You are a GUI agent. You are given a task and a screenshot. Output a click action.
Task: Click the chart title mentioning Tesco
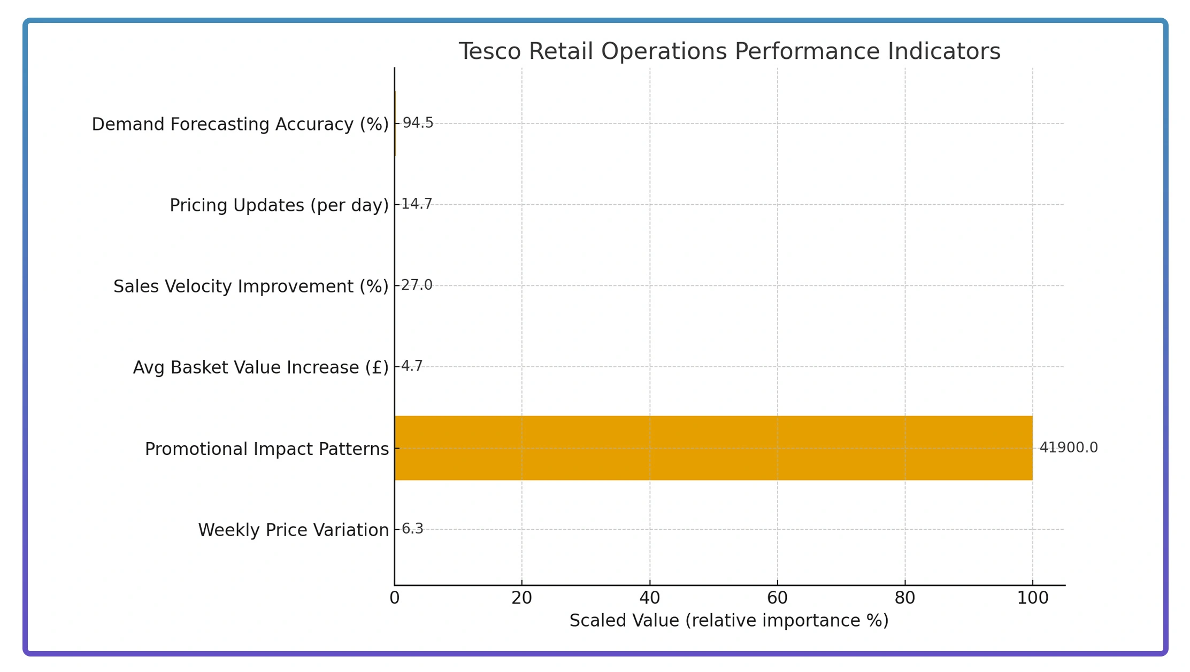[729, 51]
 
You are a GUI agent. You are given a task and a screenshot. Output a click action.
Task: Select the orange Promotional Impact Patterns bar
[713, 448]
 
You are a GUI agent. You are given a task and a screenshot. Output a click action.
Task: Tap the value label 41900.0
[1068, 448]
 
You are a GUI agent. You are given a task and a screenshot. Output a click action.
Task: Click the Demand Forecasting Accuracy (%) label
[240, 124]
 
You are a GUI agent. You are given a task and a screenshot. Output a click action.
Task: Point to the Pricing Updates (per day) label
[279, 205]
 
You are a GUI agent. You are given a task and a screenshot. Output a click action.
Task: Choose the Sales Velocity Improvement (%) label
[251, 287]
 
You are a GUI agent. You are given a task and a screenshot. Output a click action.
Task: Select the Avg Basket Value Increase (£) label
[260, 368]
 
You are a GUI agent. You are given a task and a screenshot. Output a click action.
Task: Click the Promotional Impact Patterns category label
[266, 449]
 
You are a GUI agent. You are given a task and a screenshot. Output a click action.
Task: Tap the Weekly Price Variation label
[293, 530]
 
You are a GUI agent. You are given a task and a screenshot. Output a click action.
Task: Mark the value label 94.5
[418, 123]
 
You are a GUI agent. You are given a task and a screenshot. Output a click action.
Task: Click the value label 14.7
[417, 204]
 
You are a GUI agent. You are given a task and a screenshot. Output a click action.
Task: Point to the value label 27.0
[417, 285]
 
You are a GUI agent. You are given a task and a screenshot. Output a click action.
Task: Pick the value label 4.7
[412, 367]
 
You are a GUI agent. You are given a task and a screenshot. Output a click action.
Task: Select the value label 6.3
[412, 529]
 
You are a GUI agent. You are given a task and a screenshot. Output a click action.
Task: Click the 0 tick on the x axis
[395, 598]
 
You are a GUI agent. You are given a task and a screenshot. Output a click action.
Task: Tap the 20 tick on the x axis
[521, 598]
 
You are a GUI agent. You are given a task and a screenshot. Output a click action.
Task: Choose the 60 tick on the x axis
[777, 598]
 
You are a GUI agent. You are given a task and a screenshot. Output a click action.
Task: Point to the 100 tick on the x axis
[1032, 598]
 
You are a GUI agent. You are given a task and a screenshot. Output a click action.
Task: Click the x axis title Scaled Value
[728, 621]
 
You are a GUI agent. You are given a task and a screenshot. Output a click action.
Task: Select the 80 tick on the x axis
[905, 598]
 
